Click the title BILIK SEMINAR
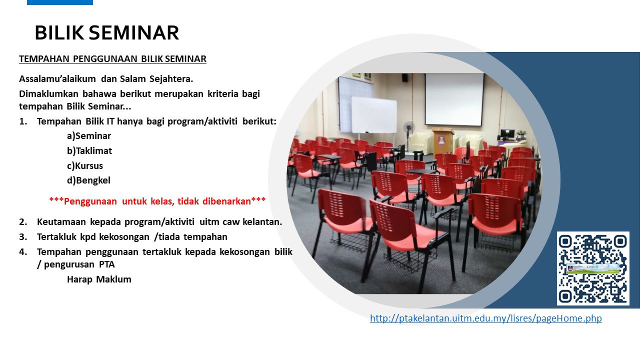pos(107,32)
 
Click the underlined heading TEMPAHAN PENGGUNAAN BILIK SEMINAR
pos(112,59)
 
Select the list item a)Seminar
pos(89,135)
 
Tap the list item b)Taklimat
pos(89,150)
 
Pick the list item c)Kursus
pos(85,165)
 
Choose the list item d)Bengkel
pos(88,180)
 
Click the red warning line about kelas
pos(157,201)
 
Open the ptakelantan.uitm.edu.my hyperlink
pos(485,318)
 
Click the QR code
pos(593,268)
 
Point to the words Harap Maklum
pos(99,279)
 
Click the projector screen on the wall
pos(454,99)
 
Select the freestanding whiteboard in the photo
pos(373,115)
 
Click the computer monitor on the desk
pos(507,133)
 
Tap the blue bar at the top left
pos(60,2)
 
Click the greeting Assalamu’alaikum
pos(57,79)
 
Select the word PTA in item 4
pos(107,264)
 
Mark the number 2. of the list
pos(23,222)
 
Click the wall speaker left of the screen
pos(405,77)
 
